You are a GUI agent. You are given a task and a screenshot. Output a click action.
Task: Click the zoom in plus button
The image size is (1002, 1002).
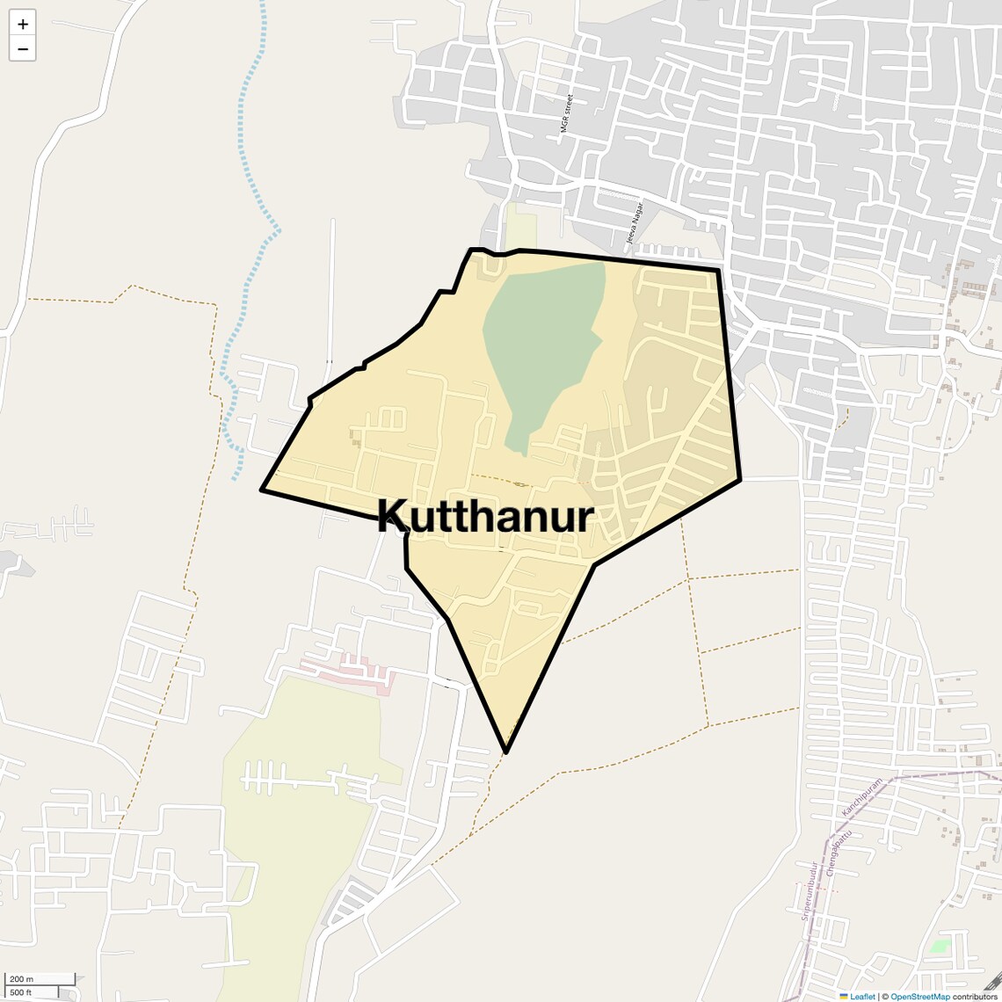pyautogui.click(x=23, y=24)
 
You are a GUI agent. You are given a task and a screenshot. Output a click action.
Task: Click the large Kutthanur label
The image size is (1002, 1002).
pyautogui.click(x=486, y=517)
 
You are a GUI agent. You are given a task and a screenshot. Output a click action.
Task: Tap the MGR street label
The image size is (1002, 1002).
pyautogui.click(x=567, y=113)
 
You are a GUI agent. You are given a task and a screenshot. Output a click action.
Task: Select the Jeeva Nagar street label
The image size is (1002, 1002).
pyautogui.click(x=635, y=222)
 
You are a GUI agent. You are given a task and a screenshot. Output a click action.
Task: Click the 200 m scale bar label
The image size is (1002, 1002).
pyautogui.click(x=22, y=979)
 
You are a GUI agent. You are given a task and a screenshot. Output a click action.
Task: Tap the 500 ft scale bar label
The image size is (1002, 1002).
pyautogui.click(x=21, y=992)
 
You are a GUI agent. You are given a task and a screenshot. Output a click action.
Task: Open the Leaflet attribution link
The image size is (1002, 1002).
pyautogui.click(x=862, y=996)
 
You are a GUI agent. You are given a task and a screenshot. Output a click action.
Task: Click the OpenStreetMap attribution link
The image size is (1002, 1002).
pyautogui.click(x=920, y=996)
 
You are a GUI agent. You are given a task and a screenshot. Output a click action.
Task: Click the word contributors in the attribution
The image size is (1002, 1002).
pyautogui.click(x=975, y=996)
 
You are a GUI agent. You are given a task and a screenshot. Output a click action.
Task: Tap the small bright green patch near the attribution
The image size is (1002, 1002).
pyautogui.click(x=940, y=947)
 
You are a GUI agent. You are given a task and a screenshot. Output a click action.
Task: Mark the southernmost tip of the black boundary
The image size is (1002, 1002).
pyautogui.click(x=506, y=751)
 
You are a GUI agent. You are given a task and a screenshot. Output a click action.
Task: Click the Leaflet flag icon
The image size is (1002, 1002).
pyautogui.click(x=844, y=996)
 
